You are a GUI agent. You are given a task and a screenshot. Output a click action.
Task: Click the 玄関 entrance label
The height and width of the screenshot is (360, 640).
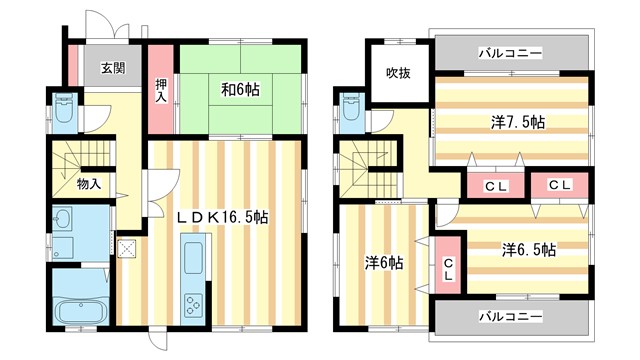pos(112,69)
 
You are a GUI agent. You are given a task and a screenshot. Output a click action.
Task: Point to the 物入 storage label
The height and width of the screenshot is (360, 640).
pos(88,184)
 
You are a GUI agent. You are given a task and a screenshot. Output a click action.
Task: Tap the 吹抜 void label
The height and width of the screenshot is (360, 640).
pos(397,71)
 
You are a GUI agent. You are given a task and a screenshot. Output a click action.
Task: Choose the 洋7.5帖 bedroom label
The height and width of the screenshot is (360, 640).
pos(517,122)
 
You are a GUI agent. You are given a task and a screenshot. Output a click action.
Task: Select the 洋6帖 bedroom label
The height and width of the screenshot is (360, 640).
pos(383,263)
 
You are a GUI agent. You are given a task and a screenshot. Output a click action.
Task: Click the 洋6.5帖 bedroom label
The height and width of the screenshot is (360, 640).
pos(528,249)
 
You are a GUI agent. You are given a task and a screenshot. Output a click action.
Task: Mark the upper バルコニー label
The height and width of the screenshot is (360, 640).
pos(510,51)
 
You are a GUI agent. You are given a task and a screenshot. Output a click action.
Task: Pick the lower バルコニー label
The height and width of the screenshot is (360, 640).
pos(510,316)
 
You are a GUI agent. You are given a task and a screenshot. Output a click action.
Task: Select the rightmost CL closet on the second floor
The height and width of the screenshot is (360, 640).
pos(559,185)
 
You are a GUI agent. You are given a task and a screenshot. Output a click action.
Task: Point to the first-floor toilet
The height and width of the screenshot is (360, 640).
pos(62,110)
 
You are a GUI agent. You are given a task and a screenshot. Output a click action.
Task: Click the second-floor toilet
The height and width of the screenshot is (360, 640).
pos(351,112)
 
